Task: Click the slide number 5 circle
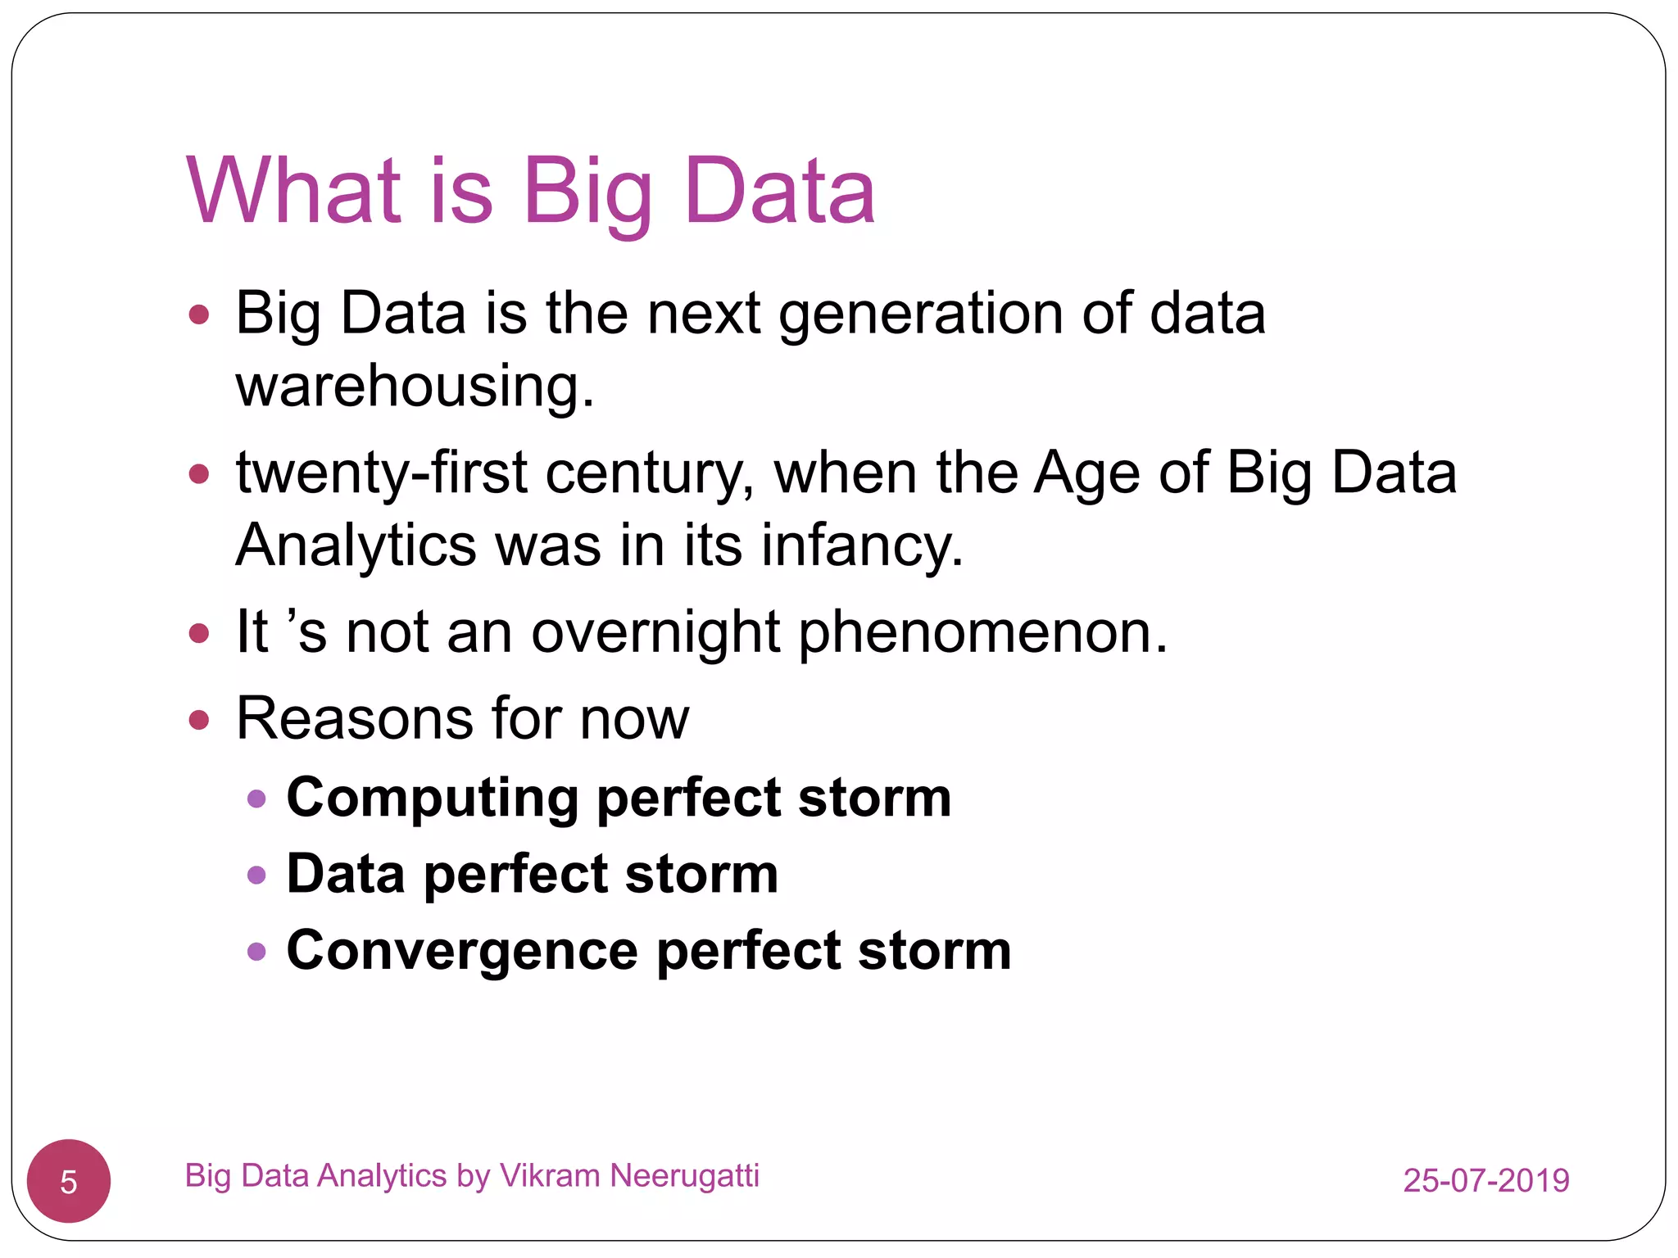pos(69,1181)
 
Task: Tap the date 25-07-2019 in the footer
pos(1485,1180)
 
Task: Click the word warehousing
pos(414,387)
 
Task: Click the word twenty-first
pos(381,473)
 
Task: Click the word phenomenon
pos(982,633)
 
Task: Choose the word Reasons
pos(354,719)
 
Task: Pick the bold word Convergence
pos(462,952)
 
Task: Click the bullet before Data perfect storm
pos(256,875)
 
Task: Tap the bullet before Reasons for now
pos(199,720)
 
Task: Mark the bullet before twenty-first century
pos(199,473)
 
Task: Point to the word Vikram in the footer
pos(551,1175)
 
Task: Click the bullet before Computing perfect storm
pos(256,799)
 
